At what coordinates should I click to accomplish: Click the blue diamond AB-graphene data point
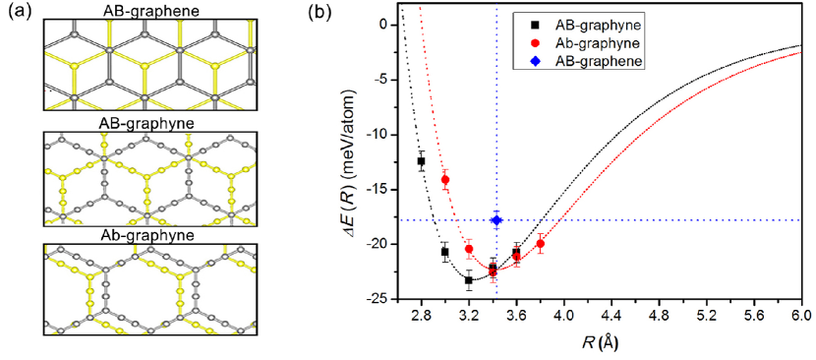495,220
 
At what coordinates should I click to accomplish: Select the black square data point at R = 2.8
421,160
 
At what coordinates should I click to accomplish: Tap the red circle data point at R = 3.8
540,243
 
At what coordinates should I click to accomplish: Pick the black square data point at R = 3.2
469,280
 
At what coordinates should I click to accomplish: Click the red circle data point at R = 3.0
445,179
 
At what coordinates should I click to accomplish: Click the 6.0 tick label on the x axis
799,318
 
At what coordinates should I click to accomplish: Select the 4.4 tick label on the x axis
611,318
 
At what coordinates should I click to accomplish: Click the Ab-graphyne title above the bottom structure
149,235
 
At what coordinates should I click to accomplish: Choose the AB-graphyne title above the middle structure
149,125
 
